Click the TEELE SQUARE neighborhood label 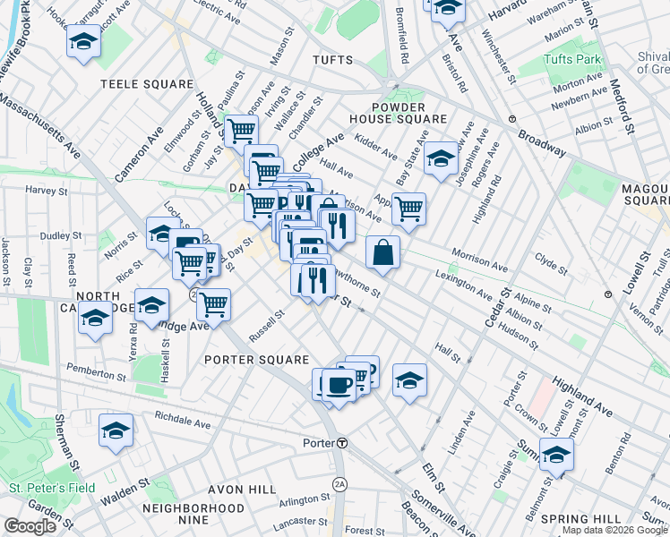click(x=147, y=84)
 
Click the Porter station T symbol click(x=342, y=443)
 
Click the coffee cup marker click(x=337, y=384)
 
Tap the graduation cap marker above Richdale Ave click(x=116, y=430)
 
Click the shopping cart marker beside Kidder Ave click(x=408, y=209)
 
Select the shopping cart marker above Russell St click(x=214, y=303)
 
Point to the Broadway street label click(x=543, y=142)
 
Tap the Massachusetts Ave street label click(x=39, y=125)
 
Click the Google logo click(x=30, y=526)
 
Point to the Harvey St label click(x=47, y=191)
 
